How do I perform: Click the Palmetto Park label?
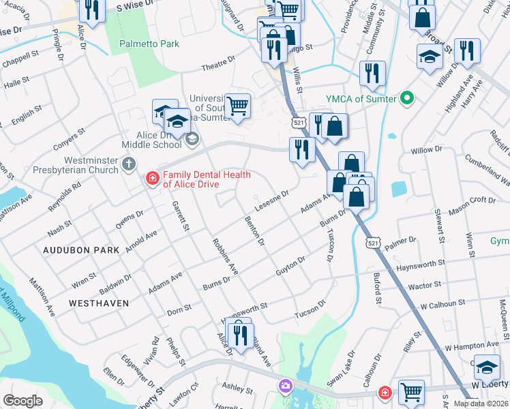click(x=149, y=44)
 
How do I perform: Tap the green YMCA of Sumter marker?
click(x=408, y=99)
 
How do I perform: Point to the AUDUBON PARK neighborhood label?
click(x=81, y=250)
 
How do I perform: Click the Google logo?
click(x=22, y=401)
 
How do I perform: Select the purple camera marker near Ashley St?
click(x=284, y=387)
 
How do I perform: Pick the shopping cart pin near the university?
click(x=237, y=106)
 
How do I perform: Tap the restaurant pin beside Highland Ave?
click(x=467, y=50)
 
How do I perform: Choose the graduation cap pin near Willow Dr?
click(x=430, y=57)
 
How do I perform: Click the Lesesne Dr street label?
click(x=272, y=199)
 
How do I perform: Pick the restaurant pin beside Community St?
click(x=372, y=73)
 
